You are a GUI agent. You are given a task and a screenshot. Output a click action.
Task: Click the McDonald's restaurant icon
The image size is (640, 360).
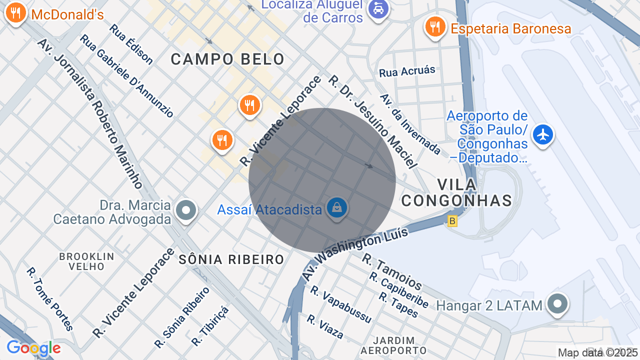coord(16,13)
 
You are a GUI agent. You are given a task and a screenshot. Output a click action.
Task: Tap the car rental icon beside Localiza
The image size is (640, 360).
coord(378,8)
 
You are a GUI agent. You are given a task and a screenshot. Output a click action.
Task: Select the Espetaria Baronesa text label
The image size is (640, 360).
coord(510,28)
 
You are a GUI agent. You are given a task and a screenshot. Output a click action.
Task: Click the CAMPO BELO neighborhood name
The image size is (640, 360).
coord(227,59)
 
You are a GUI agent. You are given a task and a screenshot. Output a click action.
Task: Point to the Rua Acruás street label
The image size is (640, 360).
coord(407,71)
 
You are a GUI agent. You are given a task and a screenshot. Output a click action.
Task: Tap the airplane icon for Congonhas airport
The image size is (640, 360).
coord(542,134)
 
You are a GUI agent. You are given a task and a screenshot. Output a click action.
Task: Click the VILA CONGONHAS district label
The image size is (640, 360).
coord(457,192)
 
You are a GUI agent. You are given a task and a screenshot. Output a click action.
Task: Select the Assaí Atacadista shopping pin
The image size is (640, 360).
coord(337,207)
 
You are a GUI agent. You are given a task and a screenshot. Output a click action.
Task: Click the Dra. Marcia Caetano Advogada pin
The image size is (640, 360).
coord(186,210)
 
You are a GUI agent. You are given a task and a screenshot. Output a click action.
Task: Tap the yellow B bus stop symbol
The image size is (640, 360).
coord(452,220)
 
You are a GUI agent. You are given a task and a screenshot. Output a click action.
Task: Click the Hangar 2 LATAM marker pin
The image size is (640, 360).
coord(557,304)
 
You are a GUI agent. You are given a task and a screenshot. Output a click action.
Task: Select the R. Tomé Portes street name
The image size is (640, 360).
coord(50,299)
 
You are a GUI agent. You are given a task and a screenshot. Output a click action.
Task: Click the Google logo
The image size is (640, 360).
coord(33,348)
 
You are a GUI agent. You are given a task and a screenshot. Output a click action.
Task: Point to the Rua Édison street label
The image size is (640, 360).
coord(131,44)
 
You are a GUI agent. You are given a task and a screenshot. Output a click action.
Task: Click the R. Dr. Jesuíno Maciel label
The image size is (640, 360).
coord(372,121)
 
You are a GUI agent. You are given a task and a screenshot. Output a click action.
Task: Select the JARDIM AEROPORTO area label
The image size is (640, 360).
coord(393,345)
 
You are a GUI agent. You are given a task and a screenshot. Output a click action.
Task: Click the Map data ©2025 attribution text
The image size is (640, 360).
coord(598,352)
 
